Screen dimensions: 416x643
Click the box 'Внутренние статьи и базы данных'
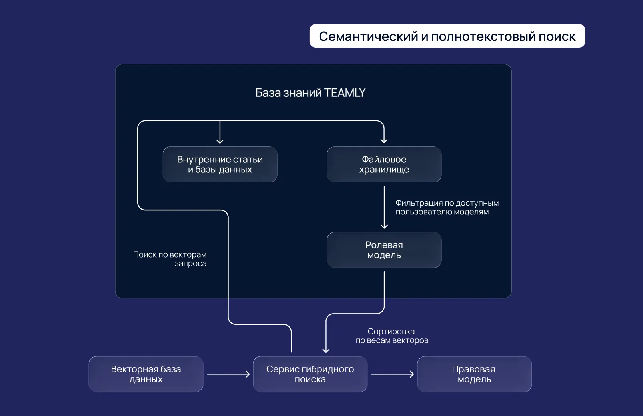pyautogui.click(x=220, y=164)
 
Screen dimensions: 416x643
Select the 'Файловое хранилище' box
pyautogui.click(x=384, y=164)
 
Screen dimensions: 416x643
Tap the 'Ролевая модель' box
pyautogui.click(x=384, y=250)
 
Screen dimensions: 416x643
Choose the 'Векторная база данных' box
pyautogui.click(x=146, y=374)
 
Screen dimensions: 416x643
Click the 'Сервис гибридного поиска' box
pyautogui.click(x=310, y=374)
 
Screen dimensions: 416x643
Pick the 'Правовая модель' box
pyautogui.click(x=474, y=374)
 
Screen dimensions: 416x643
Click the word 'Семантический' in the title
pyautogui.click(x=368, y=36)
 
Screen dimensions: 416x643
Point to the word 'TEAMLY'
pyautogui.click(x=345, y=93)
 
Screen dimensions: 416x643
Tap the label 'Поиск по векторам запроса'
pyautogui.click(x=170, y=259)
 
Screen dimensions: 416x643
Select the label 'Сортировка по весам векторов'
pyautogui.click(x=392, y=336)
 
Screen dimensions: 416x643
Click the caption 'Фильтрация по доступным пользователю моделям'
pyautogui.click(x=447, y=208)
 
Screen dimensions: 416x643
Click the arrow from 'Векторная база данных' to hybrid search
pyautogui.click(x=228, y=374)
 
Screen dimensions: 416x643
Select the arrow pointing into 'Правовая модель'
pyautogui.click(x=392, y=374)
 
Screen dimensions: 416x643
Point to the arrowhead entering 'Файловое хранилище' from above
pyautogui.click(x=384, y=140)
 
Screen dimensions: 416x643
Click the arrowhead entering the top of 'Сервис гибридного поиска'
pyautogui.click(x=326, y=350)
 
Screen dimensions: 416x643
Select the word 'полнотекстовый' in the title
pyautogui.click(x=483, y=36)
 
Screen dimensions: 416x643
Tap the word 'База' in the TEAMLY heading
pyautogui.click(x=268, y=93)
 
